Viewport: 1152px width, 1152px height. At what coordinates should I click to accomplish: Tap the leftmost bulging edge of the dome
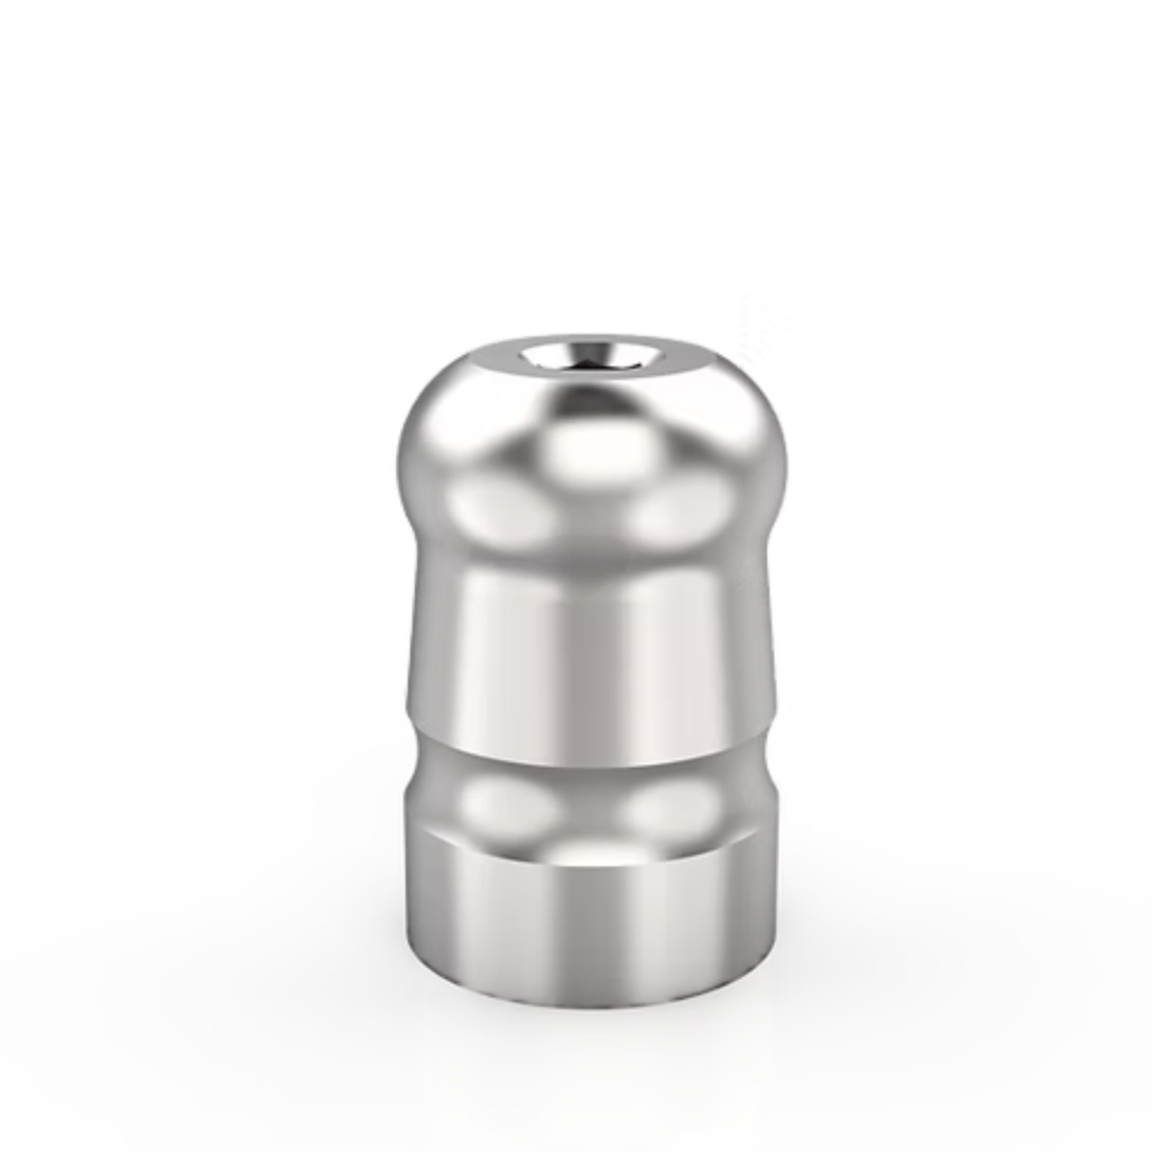[x=399, y=465]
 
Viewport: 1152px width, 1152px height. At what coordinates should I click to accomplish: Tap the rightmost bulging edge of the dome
[x=786, y=465]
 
